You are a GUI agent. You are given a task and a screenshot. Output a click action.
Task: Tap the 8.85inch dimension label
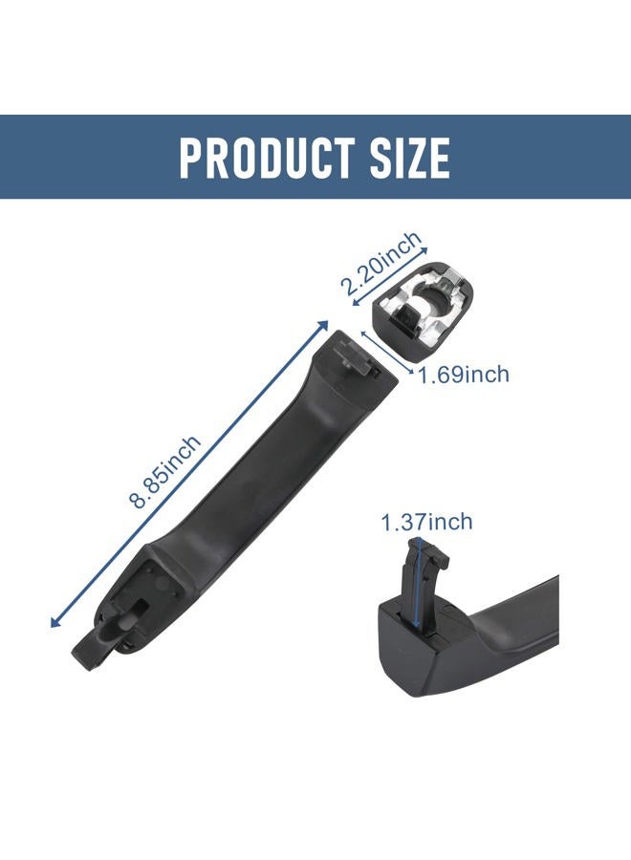click(x=165, y=472)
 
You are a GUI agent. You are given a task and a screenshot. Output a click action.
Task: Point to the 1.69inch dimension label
click(x=465, y=376)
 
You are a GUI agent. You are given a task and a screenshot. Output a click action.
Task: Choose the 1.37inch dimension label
click(x=427, y=522)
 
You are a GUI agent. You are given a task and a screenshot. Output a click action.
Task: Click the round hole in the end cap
click(x=438, y=297)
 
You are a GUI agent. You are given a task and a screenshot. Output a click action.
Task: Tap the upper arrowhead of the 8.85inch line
click(x=323, y=326)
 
